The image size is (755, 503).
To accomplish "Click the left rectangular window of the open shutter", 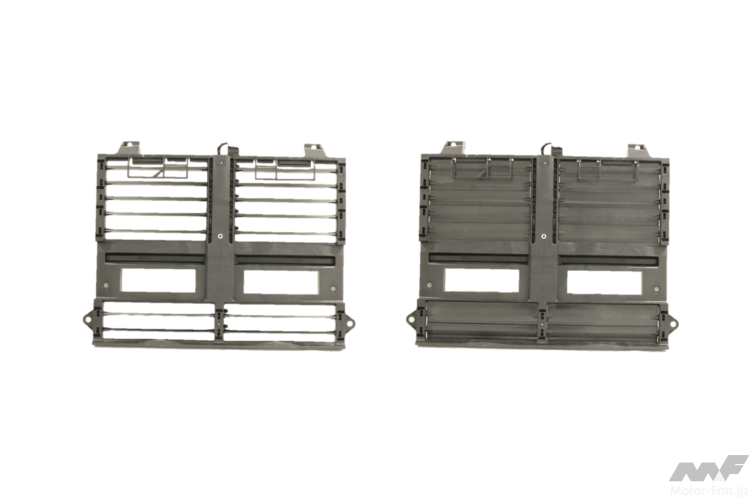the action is pyautogui.click(x=158, y=280).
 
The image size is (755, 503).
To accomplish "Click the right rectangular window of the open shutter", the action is pyautogui.click(x=281, y=281).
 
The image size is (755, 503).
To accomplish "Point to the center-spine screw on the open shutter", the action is pyautogui.click(x=220, y=237).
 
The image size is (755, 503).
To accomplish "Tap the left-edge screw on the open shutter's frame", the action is pyautogui.click(x=106, y=286).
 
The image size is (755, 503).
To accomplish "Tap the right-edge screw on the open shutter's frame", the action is pyautogui.click(x=334, y=289).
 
